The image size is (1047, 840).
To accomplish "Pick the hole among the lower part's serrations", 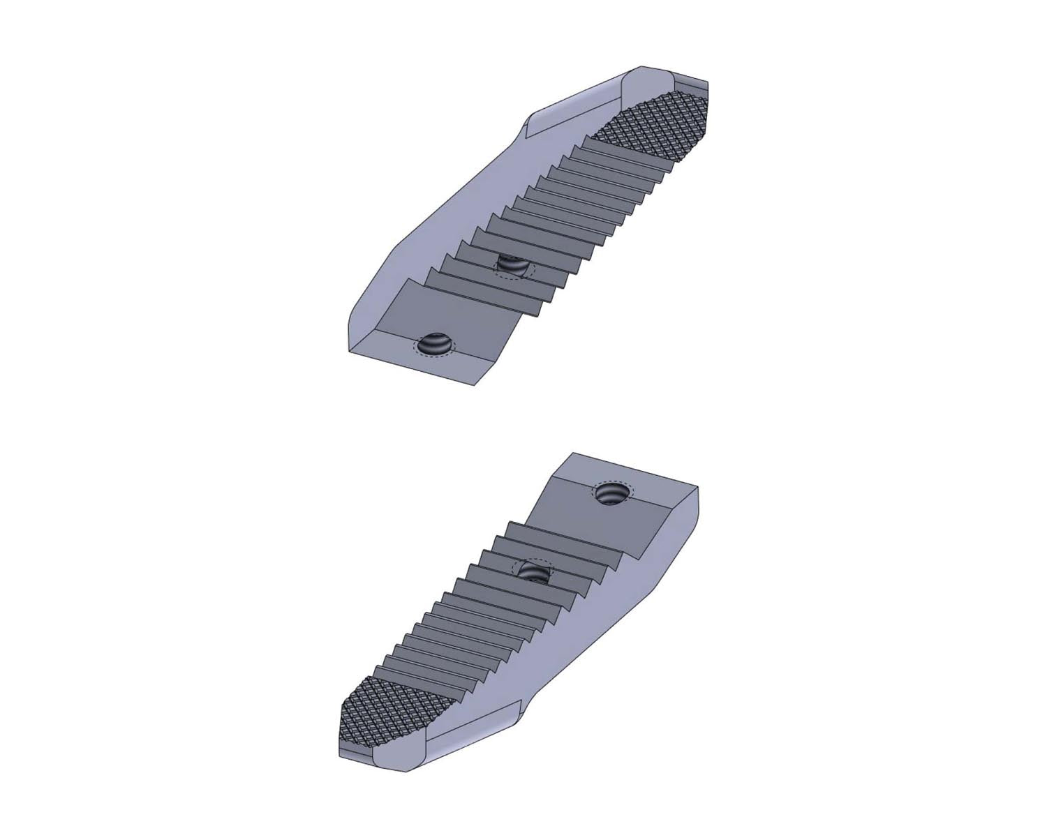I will click(x=534, y=572).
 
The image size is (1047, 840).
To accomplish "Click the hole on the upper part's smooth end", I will click(x=434, y=344).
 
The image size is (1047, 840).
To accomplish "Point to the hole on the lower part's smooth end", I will click(x=611, y=494).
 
